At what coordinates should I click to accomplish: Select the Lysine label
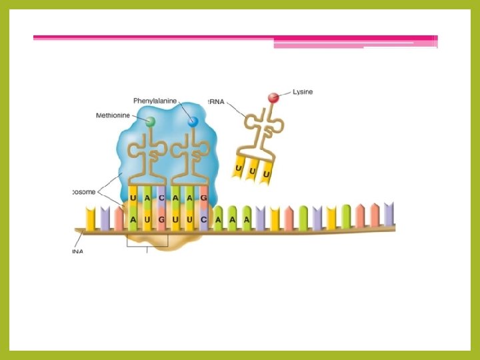pyautogui.click(x=302, y=92)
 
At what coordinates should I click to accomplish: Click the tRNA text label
pyautogui.click(x=235, y=103)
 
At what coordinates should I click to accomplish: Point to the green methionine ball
pyautogui.click(x=151, y=122)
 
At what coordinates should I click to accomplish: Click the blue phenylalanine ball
pyautogui.click(x=193, y=122)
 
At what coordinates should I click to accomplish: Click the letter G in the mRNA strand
pyautogui.click(x=161, y=219)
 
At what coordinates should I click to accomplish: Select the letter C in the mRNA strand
pyautogui.click(x=203, y=219)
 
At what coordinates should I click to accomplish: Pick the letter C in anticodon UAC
pyautogui.click(x=161, y=198)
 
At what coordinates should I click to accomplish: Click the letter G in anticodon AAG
pyautogui.click(x=203, y=198)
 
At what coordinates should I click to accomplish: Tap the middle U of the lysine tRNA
pyautogui.click(x=253, y=171)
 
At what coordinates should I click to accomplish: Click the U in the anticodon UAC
pyautogui.click(x=133, y=198)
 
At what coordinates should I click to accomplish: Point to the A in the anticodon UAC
pyautogui.click(x=147, y=198)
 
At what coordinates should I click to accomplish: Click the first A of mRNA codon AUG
pyautogui.click(x=133, y=219)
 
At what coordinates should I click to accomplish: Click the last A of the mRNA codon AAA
pyautogui.click(x=246, y=219)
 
